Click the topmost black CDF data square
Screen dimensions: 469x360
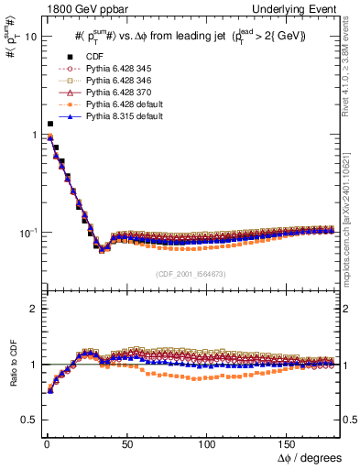tap(49, 124)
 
